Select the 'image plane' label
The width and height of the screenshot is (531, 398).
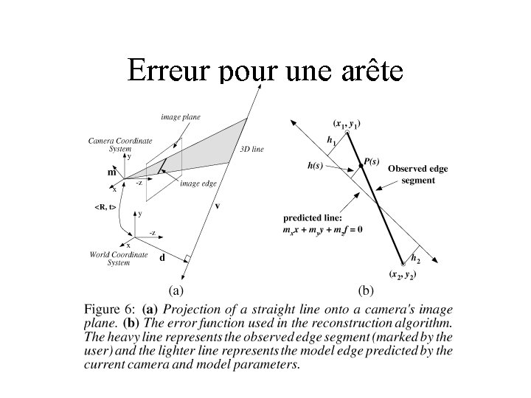pos(181,117)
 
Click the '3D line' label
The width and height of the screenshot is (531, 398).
pos(252,150)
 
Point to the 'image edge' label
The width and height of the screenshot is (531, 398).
pos(198,184)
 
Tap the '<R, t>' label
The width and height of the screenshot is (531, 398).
pos(105,207)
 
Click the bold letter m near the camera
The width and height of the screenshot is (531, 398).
pos(112,172)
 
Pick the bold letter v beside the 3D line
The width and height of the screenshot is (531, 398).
pos(217,206)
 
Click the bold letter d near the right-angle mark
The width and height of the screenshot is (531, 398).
pos(162,258)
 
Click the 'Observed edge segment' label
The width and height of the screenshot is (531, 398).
pos(417,174)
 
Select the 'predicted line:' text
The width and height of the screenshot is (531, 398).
pos(313,218)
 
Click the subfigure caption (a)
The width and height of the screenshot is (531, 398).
pos(177,290)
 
